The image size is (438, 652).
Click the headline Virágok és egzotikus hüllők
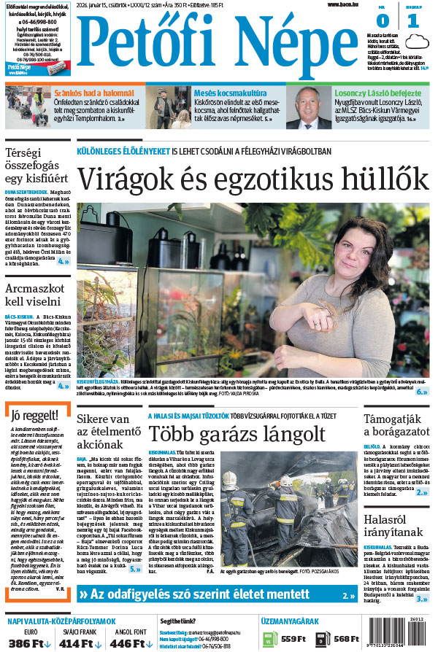[x=253, y=179]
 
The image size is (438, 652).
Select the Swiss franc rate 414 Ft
[x=75, y=644]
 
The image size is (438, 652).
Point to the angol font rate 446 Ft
[x=125, y=644]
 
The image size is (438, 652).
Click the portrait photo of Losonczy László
[x=310, y=107]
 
